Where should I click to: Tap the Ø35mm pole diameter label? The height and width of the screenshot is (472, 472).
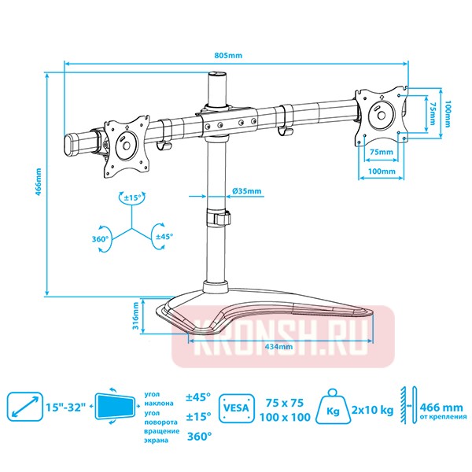click(248, 191)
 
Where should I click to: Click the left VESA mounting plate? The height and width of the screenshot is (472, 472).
click(124, 143)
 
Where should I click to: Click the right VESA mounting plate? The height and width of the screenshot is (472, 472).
click(382, 116)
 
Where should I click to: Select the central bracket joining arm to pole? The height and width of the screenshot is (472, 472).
click(227, 120)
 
